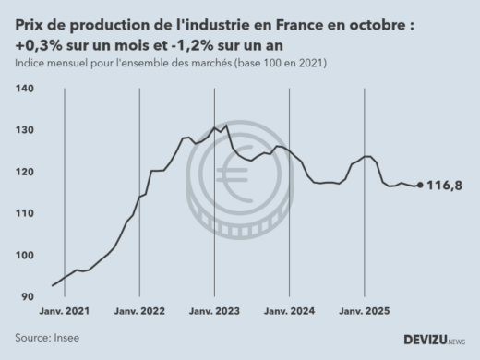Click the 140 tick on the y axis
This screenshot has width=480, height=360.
click(x=25, y=89)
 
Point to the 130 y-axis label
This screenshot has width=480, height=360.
click(x=25, y=130)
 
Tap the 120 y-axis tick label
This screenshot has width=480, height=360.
click(x=25, y=172)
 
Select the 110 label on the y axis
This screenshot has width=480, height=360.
click(x=25, y=213)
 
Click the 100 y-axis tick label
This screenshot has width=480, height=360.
click(x=25, y=256)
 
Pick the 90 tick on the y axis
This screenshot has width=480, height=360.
click(x=28, y=297)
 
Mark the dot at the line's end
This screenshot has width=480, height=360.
click(x=421, y=186)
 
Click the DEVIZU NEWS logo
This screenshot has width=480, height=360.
click(x=434, y=341)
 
